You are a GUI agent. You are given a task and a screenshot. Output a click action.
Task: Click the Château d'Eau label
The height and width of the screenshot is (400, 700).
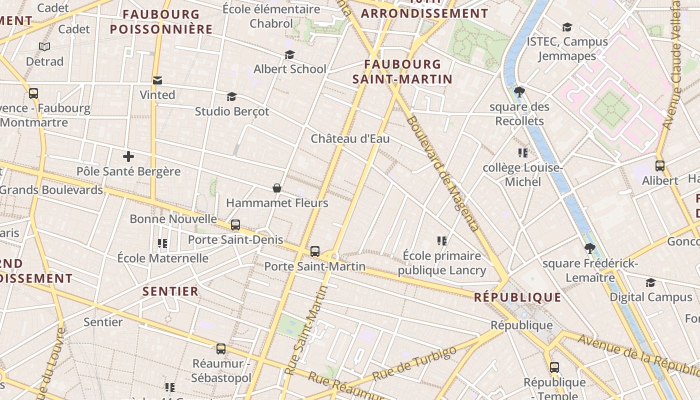(350, 138)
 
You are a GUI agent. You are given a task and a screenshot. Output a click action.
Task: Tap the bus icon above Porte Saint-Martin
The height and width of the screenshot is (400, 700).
(315, 251)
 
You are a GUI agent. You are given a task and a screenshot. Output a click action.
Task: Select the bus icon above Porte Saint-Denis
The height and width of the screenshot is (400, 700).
(235, 225)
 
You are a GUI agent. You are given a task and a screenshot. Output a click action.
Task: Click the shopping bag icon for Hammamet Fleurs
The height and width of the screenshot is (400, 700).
(277, 188)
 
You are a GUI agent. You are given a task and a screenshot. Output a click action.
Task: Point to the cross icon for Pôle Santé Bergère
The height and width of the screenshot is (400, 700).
(128, 156)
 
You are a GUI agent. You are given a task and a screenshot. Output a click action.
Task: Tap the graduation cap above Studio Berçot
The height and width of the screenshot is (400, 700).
(231, 96)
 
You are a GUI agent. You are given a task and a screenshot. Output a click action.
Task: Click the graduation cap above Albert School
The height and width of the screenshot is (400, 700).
(289, 54)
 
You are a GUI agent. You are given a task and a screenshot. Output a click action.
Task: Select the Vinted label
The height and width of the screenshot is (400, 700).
(157, 94)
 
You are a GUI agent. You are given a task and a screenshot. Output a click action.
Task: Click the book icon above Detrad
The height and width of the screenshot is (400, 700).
(44, 46)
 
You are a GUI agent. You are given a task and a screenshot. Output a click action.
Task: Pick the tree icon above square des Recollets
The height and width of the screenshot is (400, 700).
(519, 92)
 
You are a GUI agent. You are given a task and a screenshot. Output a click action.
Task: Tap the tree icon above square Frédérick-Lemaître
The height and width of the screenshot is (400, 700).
(590, 248)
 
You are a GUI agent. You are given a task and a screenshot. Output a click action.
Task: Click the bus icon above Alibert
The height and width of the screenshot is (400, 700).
(660, 166)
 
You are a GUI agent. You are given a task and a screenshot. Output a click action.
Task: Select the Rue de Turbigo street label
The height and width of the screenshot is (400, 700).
(415, 364)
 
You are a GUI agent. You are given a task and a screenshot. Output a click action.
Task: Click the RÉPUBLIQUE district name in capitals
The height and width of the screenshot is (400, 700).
(517, 297)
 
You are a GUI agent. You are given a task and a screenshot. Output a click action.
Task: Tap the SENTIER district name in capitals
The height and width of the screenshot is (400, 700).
(170, 291)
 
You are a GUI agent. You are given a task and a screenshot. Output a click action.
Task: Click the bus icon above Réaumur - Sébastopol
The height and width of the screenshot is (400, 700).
(221, 349)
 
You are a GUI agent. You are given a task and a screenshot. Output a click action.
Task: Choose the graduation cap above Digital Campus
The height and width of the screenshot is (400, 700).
(650, 283)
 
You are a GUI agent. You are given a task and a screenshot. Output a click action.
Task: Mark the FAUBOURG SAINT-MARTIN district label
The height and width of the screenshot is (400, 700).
(402, 71)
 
